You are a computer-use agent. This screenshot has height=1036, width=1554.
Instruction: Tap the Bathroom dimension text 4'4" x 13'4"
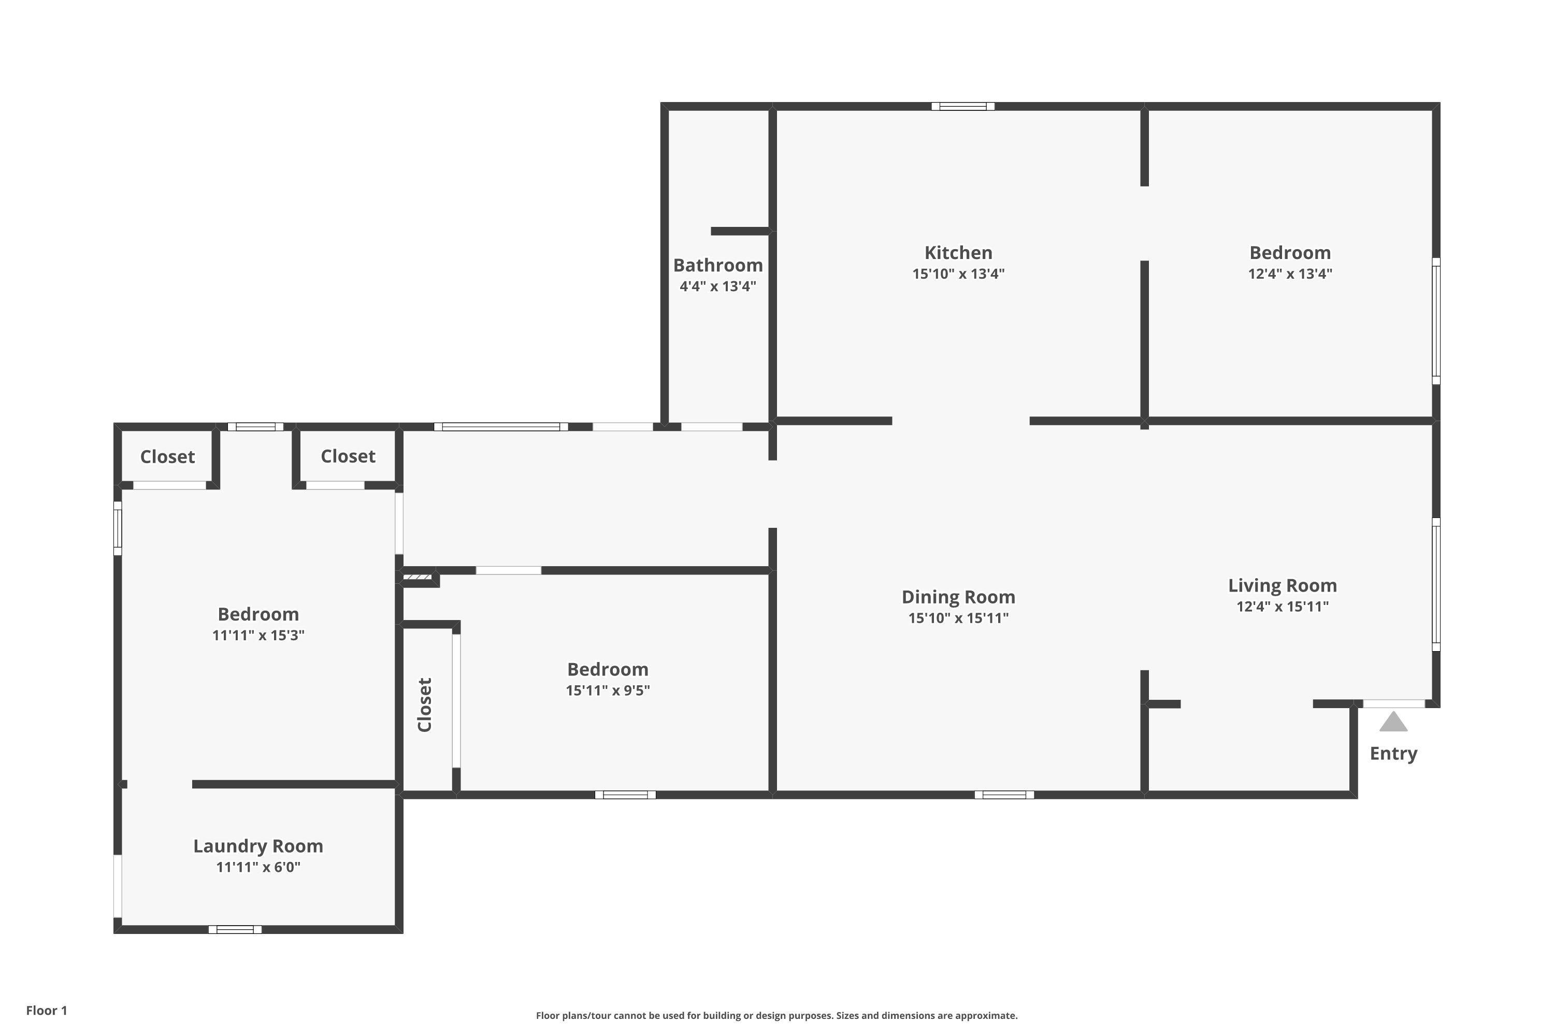tap(717, 286)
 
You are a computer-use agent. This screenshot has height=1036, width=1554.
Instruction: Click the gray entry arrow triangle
tap(1393, 722)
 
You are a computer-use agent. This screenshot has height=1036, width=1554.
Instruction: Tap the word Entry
tap(1393, 753)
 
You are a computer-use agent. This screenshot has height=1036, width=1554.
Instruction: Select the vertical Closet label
tap(424, 704)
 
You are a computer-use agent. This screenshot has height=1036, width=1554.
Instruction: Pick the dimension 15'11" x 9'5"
tap(607, 690)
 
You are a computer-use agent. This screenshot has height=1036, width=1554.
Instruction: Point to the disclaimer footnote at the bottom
tap(776, 1015)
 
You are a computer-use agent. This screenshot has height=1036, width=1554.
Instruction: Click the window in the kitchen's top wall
tap(962, 106)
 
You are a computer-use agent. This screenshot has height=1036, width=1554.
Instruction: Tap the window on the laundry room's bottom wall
tap(235, 930)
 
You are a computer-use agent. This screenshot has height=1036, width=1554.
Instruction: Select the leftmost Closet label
tap(167, 456)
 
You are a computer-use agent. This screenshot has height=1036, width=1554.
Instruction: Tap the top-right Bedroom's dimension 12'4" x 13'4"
tap(1290, 274)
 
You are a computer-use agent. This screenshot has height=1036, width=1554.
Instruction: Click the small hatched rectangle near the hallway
tap(418, 577)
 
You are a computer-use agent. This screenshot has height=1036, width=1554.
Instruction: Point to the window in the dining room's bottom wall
tap(1004, 795)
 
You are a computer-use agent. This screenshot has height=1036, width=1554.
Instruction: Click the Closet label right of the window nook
tap(348, 456)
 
